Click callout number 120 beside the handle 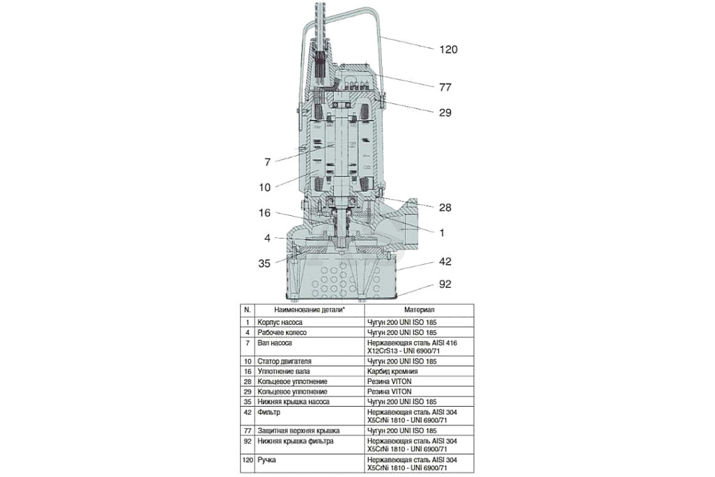tap(449, 49)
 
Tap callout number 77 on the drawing tap(445, 87)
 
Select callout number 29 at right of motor tap(445, 113)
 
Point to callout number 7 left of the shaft tap(268, 162)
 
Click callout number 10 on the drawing tap(265, 187)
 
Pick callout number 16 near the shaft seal tap(265, 213)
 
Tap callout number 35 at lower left tap(265, 264)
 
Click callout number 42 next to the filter tap(445, 261)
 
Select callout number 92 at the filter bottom tap(445, 284)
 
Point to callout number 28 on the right tap(445, 207)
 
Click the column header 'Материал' tap(419, 309)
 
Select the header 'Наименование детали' tap(309, 309)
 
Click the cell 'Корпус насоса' tap(280, 322)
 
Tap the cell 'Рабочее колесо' tap(282, 332)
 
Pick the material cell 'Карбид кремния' tap(392, 371)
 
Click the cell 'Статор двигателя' tap(284, 361)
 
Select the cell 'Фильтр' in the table tap(269, 412)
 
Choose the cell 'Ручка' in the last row tap(267, 460)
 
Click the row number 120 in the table tap(248, 460)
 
